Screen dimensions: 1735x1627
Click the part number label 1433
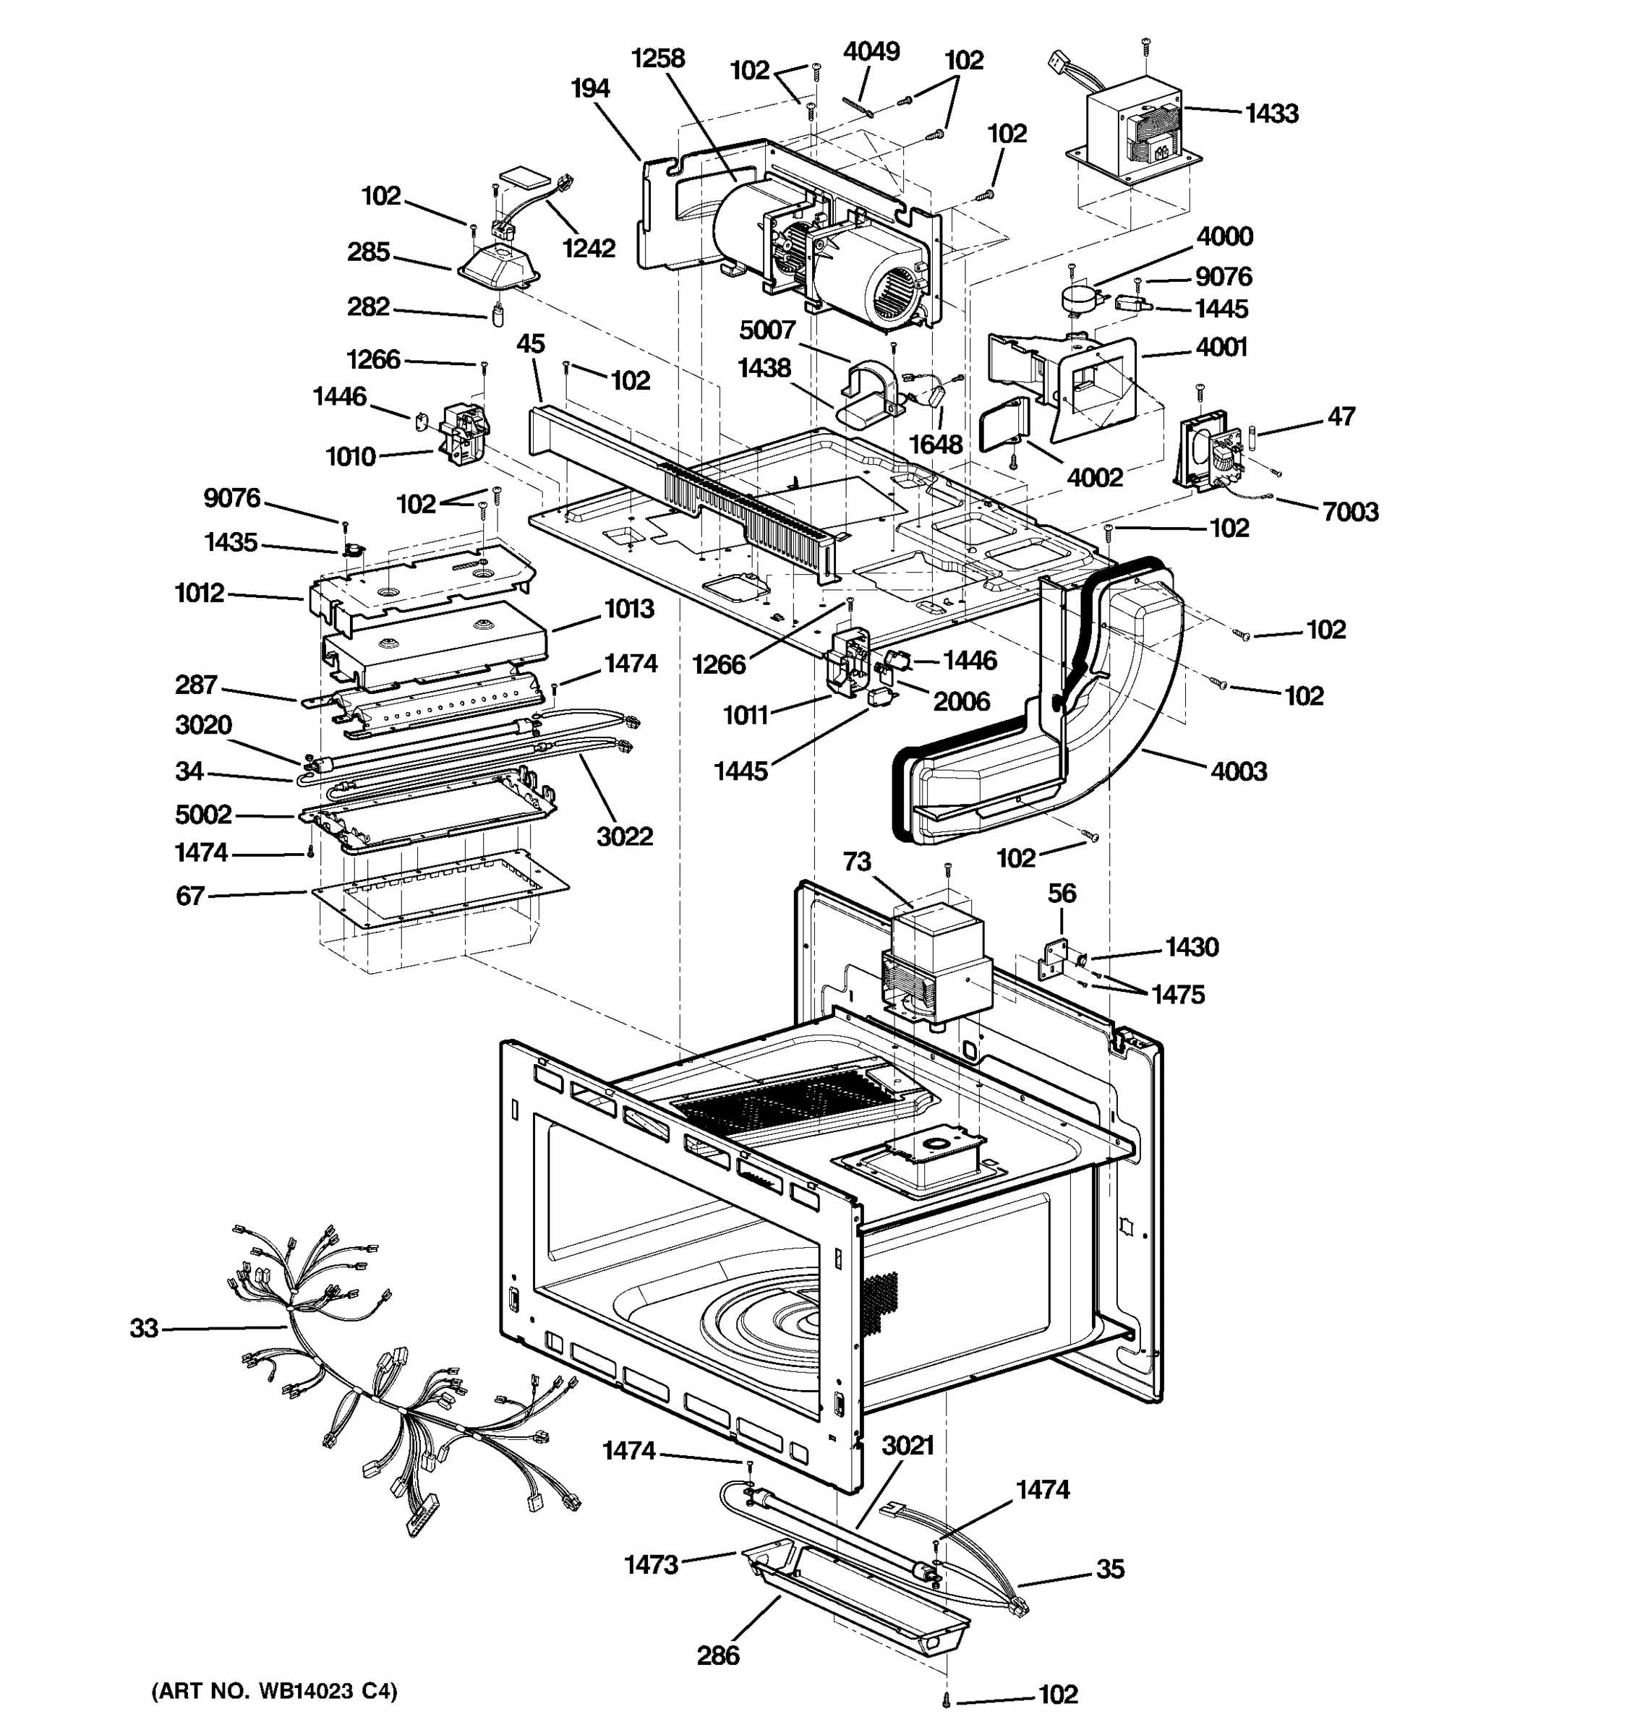coord(1271,113)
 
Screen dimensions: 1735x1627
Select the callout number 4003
coord(1239,771)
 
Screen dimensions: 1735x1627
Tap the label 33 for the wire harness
coord(144,1328)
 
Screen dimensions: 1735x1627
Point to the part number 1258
coord(658,59)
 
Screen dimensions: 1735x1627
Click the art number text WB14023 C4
coord(274,1692)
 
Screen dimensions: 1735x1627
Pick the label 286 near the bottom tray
coord(717,1655)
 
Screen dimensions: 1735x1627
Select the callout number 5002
coord(203,814)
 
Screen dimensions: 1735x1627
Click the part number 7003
coord(1350,511)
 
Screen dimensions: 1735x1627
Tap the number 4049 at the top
coord(871,51)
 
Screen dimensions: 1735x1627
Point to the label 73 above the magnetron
coord(856,862)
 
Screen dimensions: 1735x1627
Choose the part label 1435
coord(231,542)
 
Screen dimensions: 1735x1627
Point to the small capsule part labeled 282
coord(498,314)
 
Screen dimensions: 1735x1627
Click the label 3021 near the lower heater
coord(908,1445)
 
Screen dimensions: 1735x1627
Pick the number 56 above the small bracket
coord(1062,893)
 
